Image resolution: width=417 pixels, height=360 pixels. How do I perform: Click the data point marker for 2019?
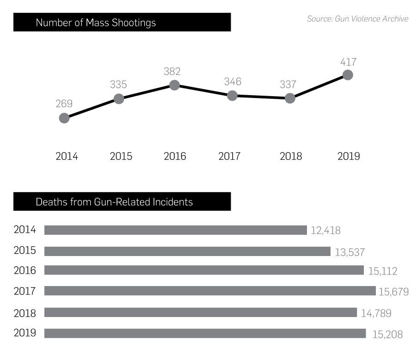[x=348, y=75]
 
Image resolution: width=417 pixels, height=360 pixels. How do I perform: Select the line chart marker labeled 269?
[x=64, y=118]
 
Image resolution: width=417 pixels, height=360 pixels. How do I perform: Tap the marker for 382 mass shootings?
[x=174, y=85]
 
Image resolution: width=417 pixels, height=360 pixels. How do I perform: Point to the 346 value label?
[x=233, y=82]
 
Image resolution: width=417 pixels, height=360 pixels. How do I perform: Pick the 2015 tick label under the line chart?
[x=121, y=156]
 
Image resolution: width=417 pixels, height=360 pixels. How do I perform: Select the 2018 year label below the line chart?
[x=291, y=156]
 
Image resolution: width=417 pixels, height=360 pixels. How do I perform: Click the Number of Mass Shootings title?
[x=96, y=23]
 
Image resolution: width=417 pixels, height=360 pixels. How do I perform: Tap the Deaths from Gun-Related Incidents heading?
[x=114, y=202]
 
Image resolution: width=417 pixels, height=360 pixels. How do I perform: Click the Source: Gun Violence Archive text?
[x=357, y=19]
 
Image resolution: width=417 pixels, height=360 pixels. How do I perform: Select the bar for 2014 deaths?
[x=175, y=230]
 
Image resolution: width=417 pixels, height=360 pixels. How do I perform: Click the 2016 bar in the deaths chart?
[x=204, y=270]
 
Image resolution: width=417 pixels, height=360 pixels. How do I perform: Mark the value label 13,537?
[x=350, y=252]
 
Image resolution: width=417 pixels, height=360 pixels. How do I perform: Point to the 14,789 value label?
[x=376, y=313]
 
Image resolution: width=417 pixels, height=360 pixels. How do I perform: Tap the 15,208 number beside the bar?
[x=387, y=334]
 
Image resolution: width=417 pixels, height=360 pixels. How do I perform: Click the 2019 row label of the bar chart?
[x=25, y=333]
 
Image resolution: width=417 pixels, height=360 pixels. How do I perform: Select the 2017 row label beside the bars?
[x=25, y=291]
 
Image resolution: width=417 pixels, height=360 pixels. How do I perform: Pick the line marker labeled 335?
[x=119, y=98]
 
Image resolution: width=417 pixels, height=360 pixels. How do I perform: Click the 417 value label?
[x=348, y=62]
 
